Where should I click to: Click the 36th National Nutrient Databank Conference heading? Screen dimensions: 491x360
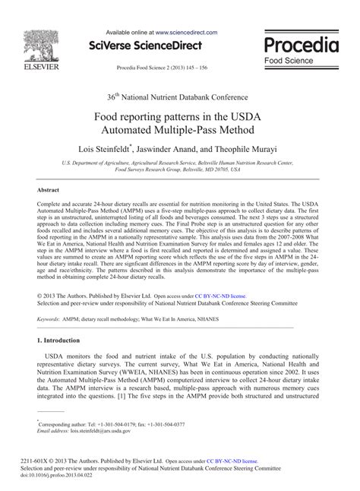point(179,96)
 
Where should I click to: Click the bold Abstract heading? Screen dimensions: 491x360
point(49,189)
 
